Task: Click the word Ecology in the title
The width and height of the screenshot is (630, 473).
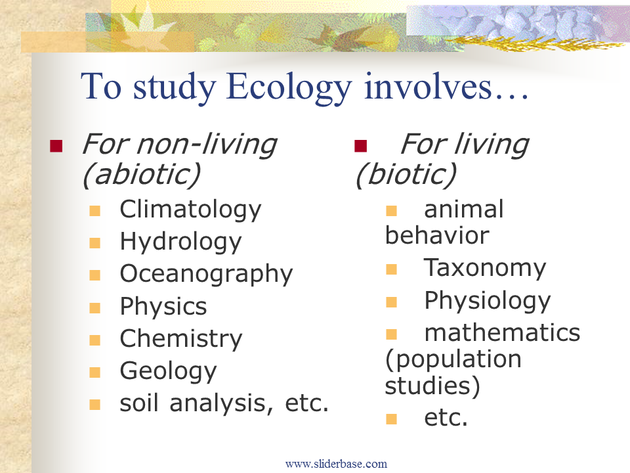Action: point(289,87)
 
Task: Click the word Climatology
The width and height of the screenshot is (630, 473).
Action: point(190,210)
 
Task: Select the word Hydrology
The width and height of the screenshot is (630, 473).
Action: point(181,242)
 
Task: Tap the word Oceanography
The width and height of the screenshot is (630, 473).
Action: point(207,275)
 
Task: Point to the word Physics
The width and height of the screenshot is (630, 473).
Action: point(163,307)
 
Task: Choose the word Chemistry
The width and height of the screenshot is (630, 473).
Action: point(181,339)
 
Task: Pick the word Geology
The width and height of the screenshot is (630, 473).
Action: point(169,371)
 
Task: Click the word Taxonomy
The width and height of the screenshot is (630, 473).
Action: point(485,268)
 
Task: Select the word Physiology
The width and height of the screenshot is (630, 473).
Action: point(488,302)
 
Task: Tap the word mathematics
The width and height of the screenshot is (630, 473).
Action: point(502,333)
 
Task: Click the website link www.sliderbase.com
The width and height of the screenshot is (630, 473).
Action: point(336,464)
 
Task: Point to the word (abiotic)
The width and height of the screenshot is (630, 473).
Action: point(141,175)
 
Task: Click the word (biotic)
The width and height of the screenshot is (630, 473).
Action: point(406,175)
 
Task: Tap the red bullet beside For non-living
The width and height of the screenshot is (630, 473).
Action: point(56,146)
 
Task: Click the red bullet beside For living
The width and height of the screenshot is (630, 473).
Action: point(361,146)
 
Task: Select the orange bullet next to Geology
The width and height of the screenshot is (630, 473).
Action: point(94,372)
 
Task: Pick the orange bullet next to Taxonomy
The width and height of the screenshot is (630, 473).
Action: point(391,269)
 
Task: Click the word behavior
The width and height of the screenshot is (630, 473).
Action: point(437,235)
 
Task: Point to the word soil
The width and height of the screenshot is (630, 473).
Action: point(139,403)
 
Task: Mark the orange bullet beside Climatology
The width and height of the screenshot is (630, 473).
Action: point(94,211)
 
